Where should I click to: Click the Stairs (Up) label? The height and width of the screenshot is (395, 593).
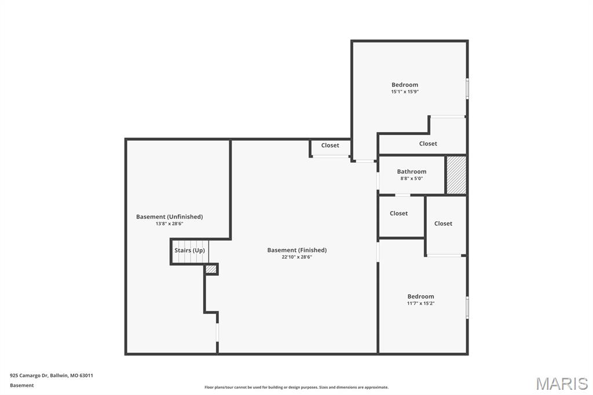(189, 250)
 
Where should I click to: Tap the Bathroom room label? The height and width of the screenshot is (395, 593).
(411, 171)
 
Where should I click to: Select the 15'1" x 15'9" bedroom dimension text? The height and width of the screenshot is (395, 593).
(404, 92)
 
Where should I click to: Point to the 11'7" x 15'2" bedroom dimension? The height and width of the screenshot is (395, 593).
(420, 303)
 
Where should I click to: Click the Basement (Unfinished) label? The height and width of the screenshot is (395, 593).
(169, 217)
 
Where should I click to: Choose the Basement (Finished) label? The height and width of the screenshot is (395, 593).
(296, 250)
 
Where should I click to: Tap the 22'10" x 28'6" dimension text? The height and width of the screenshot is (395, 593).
(296, 257)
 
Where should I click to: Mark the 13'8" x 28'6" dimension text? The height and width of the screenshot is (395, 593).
(169, 224)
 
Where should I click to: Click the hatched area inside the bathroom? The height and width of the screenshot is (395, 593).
(456, 175)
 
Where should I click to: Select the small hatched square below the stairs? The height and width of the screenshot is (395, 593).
(211, 269)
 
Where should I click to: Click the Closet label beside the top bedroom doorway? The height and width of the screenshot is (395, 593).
(330, 145)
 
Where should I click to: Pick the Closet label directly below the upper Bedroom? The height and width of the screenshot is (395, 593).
(428, 144)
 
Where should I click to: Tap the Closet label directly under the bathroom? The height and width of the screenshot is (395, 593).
(398, 213)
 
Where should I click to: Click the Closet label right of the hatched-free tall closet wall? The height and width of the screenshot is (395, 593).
(443, 224)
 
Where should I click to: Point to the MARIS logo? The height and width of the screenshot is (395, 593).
(561, 383)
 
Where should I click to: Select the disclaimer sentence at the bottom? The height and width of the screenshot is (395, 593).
(296, 387)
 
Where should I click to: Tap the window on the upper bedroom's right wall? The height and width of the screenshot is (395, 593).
(467, 89)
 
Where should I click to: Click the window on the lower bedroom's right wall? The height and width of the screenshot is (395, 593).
(467, 307)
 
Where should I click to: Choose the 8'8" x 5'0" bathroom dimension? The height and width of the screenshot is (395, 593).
(411, 178)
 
